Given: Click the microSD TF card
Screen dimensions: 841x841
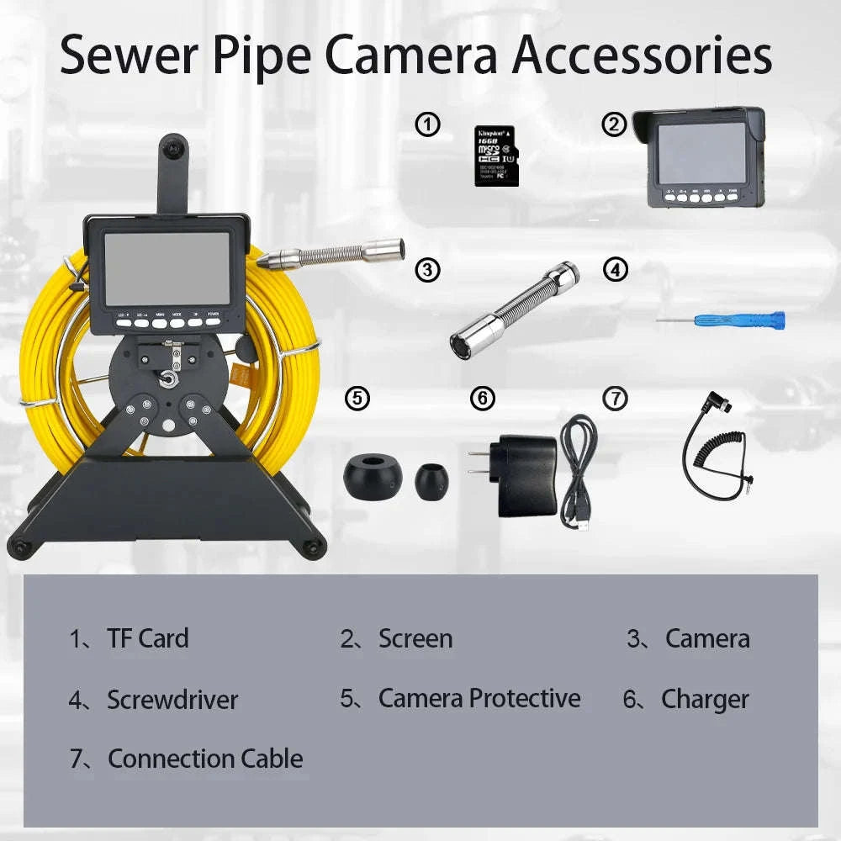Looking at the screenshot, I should coord(496,156).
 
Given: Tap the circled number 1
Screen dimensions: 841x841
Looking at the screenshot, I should coord(428,126).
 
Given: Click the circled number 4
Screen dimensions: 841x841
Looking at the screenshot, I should coord(616,270).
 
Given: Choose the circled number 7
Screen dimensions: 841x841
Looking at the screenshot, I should coord(616,399).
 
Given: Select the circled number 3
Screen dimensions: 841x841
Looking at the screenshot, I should coord(428,270).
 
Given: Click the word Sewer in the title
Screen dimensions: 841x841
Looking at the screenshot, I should coord(125,56).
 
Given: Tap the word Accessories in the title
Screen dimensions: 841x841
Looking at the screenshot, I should coord(643,56).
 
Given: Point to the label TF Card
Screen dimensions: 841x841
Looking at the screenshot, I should coord(147,638).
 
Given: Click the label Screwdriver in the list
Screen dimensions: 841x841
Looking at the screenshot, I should coord(172,700).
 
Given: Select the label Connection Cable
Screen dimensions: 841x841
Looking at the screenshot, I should coord(205,759).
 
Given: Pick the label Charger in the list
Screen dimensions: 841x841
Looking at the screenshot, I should coord(704,699).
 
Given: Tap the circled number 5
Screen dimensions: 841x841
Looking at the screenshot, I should coord(357,399).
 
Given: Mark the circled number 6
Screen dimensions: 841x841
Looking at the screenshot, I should coord(483,399).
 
